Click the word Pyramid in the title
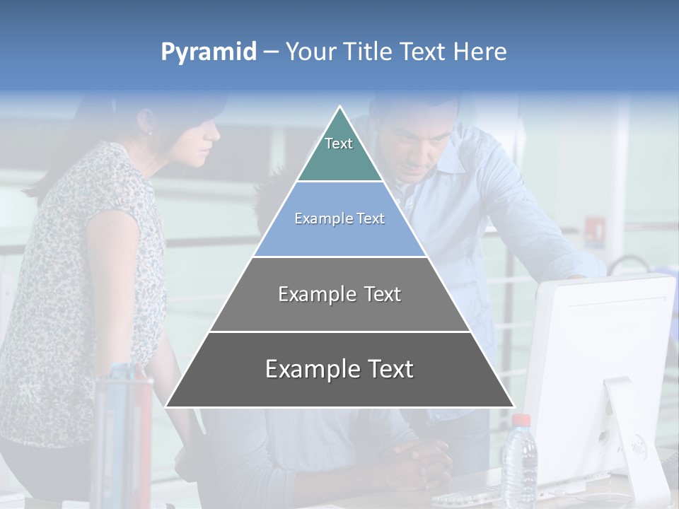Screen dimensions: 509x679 [x=209, y=52]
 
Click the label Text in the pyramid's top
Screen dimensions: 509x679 [x=339, y=144]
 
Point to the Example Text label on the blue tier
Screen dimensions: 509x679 [x=339, y=218]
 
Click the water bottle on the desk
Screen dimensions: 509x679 [x=519, y=463]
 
